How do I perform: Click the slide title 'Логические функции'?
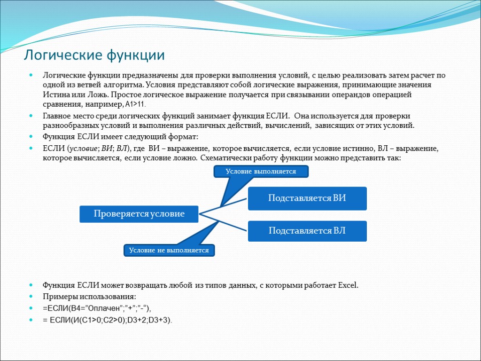94,55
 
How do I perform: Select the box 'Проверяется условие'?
139,214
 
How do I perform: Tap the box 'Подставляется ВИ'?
307,198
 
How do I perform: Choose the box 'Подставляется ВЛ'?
307,231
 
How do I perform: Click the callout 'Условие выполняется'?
261,172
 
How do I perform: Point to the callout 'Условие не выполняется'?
170,251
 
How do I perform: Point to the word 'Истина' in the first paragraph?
55,94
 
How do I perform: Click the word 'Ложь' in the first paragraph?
96,94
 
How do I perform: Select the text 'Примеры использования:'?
89,297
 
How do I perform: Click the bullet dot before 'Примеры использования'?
31,297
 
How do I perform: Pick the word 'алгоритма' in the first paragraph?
125,85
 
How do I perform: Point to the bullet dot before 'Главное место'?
31,116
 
